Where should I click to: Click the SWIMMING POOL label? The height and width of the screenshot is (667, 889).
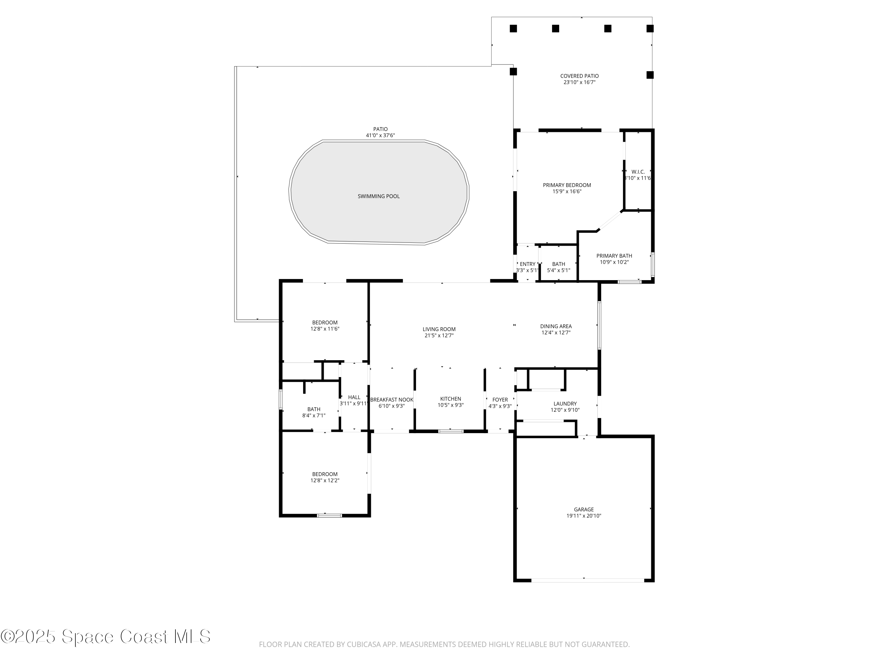tap(379, 196)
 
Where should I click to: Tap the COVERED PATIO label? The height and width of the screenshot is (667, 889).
tap(579, 76)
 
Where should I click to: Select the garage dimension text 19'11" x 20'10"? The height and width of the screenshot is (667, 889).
tap(583, 516)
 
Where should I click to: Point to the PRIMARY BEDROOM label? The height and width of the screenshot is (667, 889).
tap(567, 185)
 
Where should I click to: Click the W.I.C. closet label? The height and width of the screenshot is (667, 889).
tap(638, 172)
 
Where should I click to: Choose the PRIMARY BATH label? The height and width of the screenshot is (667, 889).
tap(614, 256)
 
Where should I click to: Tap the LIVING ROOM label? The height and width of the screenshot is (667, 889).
tap(439, 329)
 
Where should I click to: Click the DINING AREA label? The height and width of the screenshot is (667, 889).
tap(556, 326)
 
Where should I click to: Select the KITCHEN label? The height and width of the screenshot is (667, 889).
tap(450, 399)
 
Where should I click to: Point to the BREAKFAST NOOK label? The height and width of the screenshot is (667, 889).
tap(391, 400)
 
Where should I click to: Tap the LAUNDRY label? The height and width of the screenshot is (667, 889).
tap(565, 404)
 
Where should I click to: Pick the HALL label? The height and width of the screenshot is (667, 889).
tap(354, 397)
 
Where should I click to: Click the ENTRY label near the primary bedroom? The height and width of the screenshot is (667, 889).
tap(528, 264)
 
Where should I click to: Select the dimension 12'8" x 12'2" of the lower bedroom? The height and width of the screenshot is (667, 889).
tap(325, 481)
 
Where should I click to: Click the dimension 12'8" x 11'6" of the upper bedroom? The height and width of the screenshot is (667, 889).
tap(325, 329)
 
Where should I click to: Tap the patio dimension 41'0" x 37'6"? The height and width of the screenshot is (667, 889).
tap(380, 135)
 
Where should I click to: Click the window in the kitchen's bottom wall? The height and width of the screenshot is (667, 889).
tap(450, 431)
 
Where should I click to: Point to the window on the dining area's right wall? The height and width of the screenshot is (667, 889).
tap(599, 325)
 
